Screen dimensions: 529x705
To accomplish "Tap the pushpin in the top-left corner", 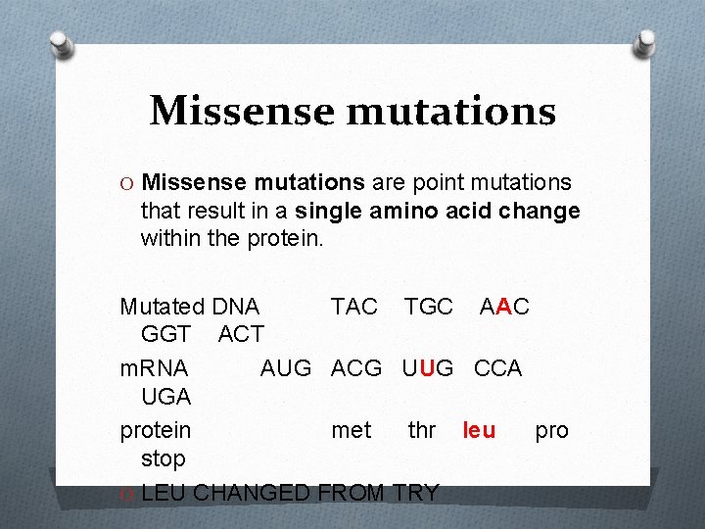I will point(62,44).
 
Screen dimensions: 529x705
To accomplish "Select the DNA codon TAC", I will point(353,307).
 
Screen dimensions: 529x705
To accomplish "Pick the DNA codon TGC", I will point(428,307).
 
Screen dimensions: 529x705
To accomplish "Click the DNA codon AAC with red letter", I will point(504,307).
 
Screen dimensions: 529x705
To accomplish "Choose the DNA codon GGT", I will point(165,334).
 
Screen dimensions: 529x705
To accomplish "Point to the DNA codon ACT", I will point(240,334).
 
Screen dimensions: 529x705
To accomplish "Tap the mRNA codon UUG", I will point(428,368).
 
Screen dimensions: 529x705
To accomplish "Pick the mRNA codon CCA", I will point(497,368).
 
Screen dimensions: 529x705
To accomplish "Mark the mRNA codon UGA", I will point(166,397).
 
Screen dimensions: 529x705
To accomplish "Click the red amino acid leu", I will point(479,431).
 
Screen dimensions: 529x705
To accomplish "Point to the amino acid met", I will point(352,431).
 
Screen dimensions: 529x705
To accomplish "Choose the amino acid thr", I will point(422,431).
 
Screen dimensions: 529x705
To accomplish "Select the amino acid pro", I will point(551,431).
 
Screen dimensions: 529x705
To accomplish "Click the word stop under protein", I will point(163,458).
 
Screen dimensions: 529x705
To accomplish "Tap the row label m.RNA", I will point(154,368).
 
